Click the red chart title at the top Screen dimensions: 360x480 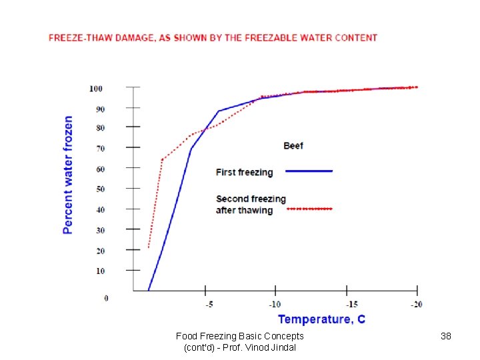tap(213, 38)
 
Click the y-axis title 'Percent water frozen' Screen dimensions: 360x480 tap(68, 175)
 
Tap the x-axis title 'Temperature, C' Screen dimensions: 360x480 tap(321, 319)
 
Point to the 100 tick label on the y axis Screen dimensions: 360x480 tap(95, 89)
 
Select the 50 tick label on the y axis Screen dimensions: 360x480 tap(99, 189)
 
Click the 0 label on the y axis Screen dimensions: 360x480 tap(106, 298)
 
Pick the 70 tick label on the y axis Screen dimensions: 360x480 tap(99, 149)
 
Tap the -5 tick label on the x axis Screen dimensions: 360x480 tap(209, 305)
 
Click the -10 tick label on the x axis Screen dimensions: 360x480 tap(275, 305)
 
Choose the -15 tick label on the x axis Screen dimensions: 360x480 tap(346, 305)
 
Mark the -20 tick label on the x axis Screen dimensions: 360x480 tap(416, 305)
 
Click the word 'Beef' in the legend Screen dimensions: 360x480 tap(293, 145)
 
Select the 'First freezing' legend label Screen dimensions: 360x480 tap(245, 172)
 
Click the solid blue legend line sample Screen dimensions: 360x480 tap(309, 171)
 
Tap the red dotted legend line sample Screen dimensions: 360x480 tap(309, 209)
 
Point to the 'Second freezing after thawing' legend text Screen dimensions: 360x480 tap(251, 204)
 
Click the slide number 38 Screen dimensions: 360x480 tap(446, 336)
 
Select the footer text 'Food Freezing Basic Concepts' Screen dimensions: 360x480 tap(239, 336)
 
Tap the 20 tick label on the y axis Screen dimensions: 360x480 tap(99, 251)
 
